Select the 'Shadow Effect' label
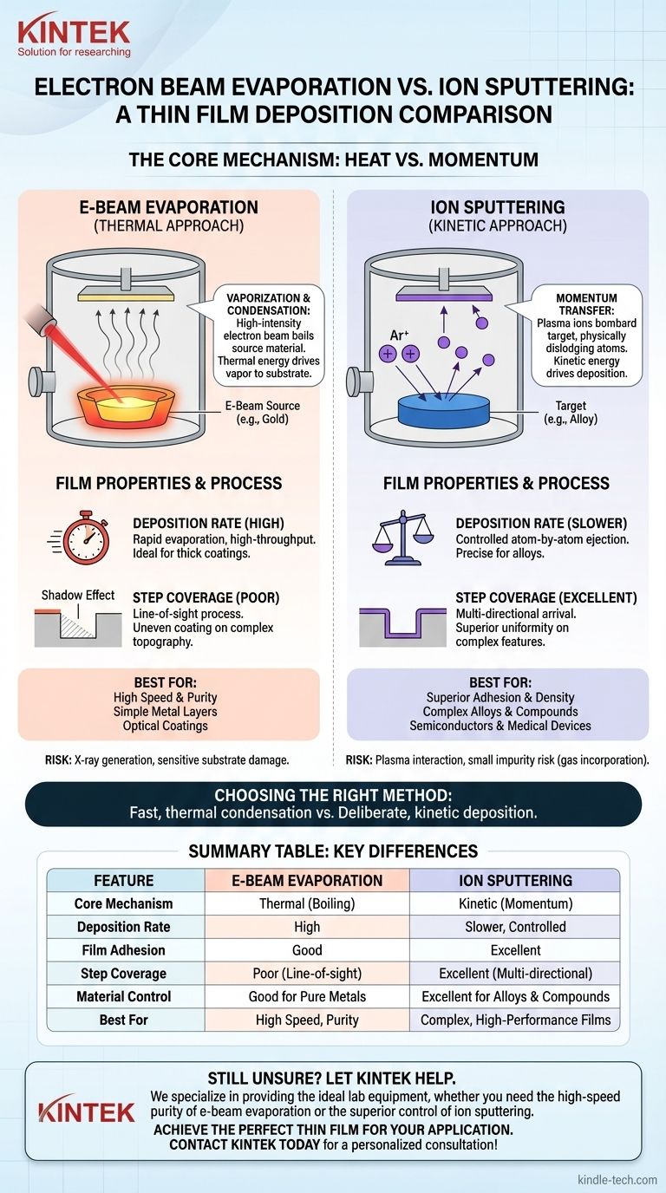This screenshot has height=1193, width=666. point(78,595)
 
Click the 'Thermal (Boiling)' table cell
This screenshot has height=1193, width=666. point(307,903)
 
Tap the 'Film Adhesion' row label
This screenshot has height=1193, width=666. point(124,950)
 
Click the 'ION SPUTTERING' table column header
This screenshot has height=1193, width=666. point(515,880)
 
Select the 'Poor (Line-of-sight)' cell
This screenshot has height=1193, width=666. point(307,974)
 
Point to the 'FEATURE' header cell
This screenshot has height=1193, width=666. point(124,880)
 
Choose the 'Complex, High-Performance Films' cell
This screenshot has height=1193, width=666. point(515,1020)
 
